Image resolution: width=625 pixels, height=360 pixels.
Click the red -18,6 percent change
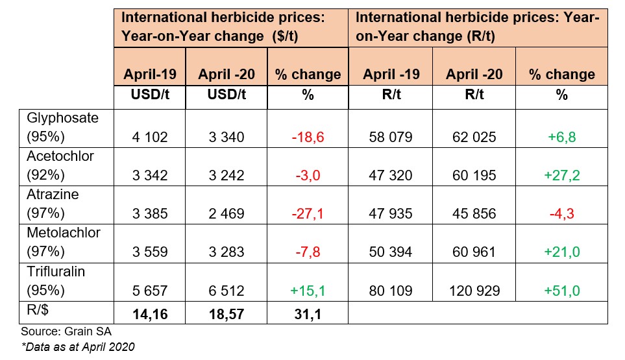coord(308,137)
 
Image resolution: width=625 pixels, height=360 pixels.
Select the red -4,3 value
coord(562,213)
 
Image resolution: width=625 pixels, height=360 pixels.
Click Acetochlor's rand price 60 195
coord(474,175)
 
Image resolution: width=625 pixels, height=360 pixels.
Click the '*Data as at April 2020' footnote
coord(78,347)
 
